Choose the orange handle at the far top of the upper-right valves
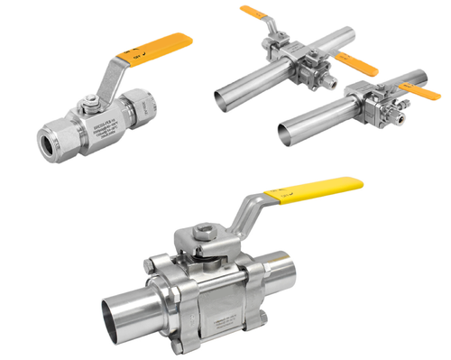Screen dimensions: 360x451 (x=262, y=14)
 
